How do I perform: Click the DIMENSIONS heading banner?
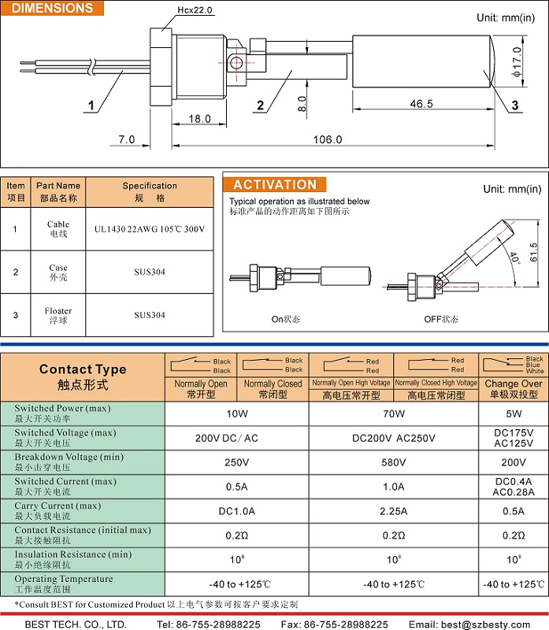[x=53, y=9]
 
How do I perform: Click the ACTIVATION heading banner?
[x=274, y=184]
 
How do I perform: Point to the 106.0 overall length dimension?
[x=328, y=139]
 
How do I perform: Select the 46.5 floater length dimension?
[x=421, y=103]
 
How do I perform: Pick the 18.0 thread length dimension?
[x=200, y=119]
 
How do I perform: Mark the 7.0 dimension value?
[x=127, y=139]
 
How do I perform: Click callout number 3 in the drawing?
[x=514, y=105]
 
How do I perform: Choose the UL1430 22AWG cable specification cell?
[x=149, y=228]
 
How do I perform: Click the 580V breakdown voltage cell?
[x=394, y=462]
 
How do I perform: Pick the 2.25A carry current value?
[x=394, y=511]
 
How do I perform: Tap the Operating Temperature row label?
[x=64, y=584]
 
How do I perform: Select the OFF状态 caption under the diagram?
[x=441, y=319]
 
